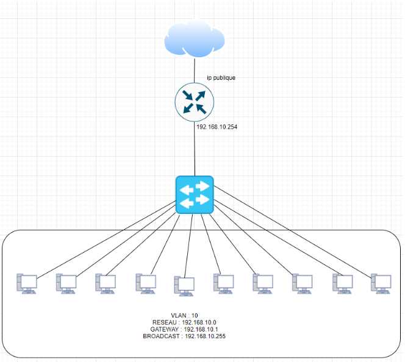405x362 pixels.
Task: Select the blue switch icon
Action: (194, 195)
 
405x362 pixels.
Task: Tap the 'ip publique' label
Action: (221, 77)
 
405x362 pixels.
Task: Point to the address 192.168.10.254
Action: (218, 127)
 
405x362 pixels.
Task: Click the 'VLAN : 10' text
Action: (184, 315)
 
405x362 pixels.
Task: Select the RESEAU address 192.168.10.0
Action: (199, 322)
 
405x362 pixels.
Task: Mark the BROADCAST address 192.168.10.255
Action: (205, 336)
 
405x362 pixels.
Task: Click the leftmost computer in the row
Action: (27, 284)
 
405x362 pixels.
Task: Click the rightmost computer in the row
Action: (381, 284)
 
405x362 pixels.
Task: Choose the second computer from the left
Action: (66, 284)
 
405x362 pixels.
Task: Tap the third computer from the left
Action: (106, 284)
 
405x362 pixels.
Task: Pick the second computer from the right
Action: (342, 284)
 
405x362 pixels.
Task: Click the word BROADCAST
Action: (162, 336)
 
